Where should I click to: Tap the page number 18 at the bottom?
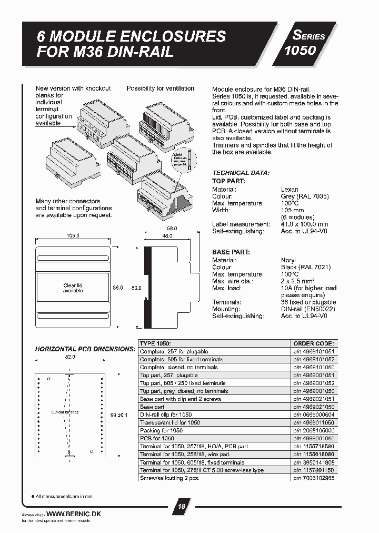(x=181, y=507)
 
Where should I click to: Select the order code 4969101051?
(x=314, y=351)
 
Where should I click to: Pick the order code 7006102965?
(x=314, y=478)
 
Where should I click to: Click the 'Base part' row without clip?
(x=152, y=407)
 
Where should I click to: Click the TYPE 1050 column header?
(x=155, y=343)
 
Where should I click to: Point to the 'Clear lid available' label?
(x=73, y=288)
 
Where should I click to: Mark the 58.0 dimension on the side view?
(x=172, y=228)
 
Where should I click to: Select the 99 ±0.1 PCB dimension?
(x=117, y=415)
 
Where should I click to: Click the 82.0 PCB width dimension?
(x=69, y=357)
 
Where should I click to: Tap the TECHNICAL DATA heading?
(x=241, y=173)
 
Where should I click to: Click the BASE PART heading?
(x=231, y=252)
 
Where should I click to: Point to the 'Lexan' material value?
(x=290, y=189)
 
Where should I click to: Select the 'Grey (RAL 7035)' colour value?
(x=305, y=196)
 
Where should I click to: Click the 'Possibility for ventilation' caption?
(x=160, y=88)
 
